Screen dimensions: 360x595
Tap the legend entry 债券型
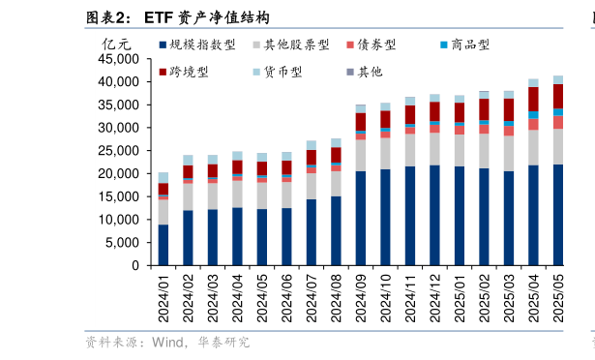tap(377, 45)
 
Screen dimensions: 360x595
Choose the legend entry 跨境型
tap(190, 72)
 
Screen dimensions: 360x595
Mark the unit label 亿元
tap(116, 44)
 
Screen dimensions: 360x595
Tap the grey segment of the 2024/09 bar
tap(361, 156)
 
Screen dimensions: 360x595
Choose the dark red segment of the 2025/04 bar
tap(533, 99)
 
